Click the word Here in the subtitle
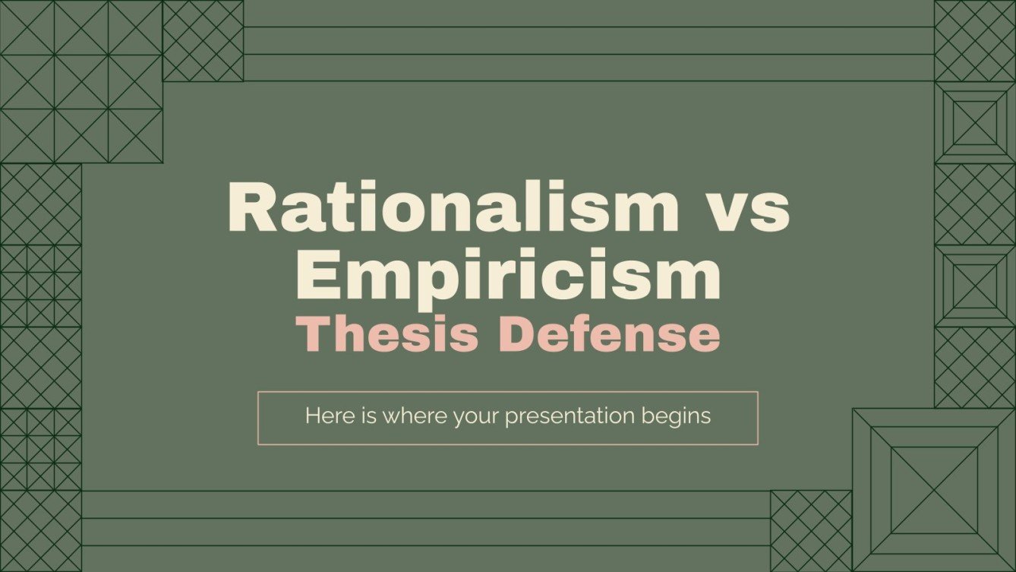(x=323, y=416)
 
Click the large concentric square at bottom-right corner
(x=933, y=490)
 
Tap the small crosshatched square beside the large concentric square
(x=811, y=530)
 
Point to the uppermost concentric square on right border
(x=975, y=122)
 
